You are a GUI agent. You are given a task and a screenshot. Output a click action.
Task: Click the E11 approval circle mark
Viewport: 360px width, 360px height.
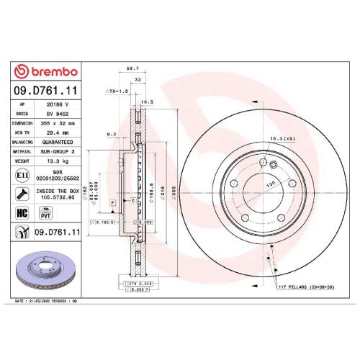[22, 175]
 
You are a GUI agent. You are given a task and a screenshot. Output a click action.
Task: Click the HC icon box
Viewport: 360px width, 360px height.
[22, 214]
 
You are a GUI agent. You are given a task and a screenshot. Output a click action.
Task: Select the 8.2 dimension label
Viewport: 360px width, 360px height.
[111, 134]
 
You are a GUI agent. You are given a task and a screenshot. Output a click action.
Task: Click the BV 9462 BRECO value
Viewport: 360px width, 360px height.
[58, 113]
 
